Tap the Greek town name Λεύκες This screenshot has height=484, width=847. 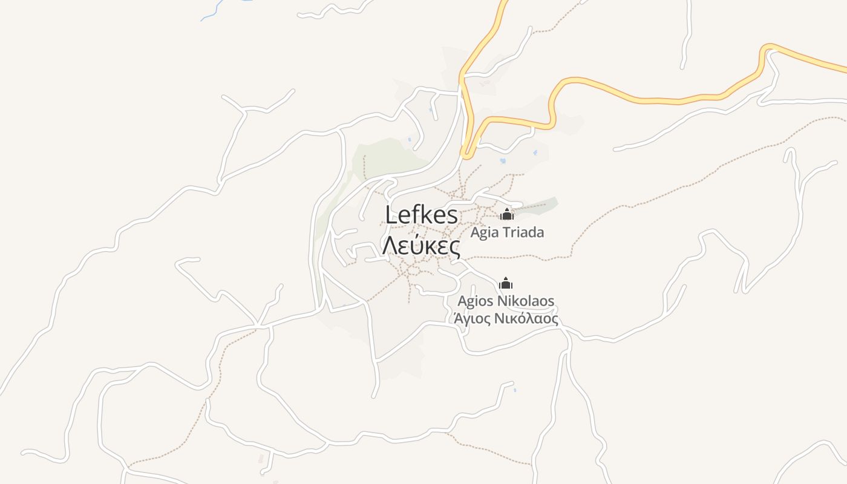422,246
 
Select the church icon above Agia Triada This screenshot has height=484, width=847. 506,214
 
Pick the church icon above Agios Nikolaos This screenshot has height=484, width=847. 506,283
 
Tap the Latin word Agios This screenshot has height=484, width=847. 476,301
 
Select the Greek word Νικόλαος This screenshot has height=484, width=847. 526,319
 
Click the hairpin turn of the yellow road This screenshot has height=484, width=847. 466,154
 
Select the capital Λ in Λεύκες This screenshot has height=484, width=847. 391,246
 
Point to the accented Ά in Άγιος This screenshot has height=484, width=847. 451,319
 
